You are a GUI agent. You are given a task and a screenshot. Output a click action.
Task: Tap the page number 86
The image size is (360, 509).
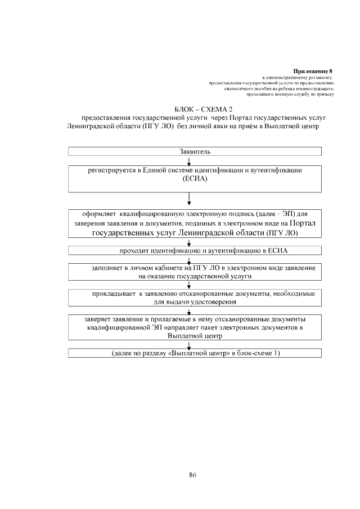coord(192,475)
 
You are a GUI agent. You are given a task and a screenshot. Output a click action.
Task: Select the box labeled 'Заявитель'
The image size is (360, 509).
coord(195,151)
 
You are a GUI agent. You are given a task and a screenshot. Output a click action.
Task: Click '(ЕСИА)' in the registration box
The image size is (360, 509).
coord(195,179)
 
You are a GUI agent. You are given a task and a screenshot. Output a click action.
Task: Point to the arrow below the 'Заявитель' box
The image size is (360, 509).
coord(189,161)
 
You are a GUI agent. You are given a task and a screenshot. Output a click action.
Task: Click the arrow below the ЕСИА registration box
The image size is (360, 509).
coord(189,199)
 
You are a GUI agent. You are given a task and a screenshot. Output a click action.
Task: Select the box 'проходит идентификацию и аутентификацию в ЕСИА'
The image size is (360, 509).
coord(195,250)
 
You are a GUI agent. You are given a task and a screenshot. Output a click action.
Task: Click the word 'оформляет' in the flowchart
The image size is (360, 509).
coord(100,214)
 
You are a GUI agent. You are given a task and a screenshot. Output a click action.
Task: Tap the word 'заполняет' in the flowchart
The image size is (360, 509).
coord(109,268)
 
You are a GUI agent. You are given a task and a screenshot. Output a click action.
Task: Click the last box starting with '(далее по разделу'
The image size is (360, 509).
coord(195,353)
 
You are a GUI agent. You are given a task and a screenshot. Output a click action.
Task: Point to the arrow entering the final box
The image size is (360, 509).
coord(189,345)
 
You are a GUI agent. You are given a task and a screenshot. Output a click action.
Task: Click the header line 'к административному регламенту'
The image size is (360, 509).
coord(298,77)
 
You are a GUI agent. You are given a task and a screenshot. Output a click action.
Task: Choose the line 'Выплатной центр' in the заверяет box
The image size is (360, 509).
coord(195,336)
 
